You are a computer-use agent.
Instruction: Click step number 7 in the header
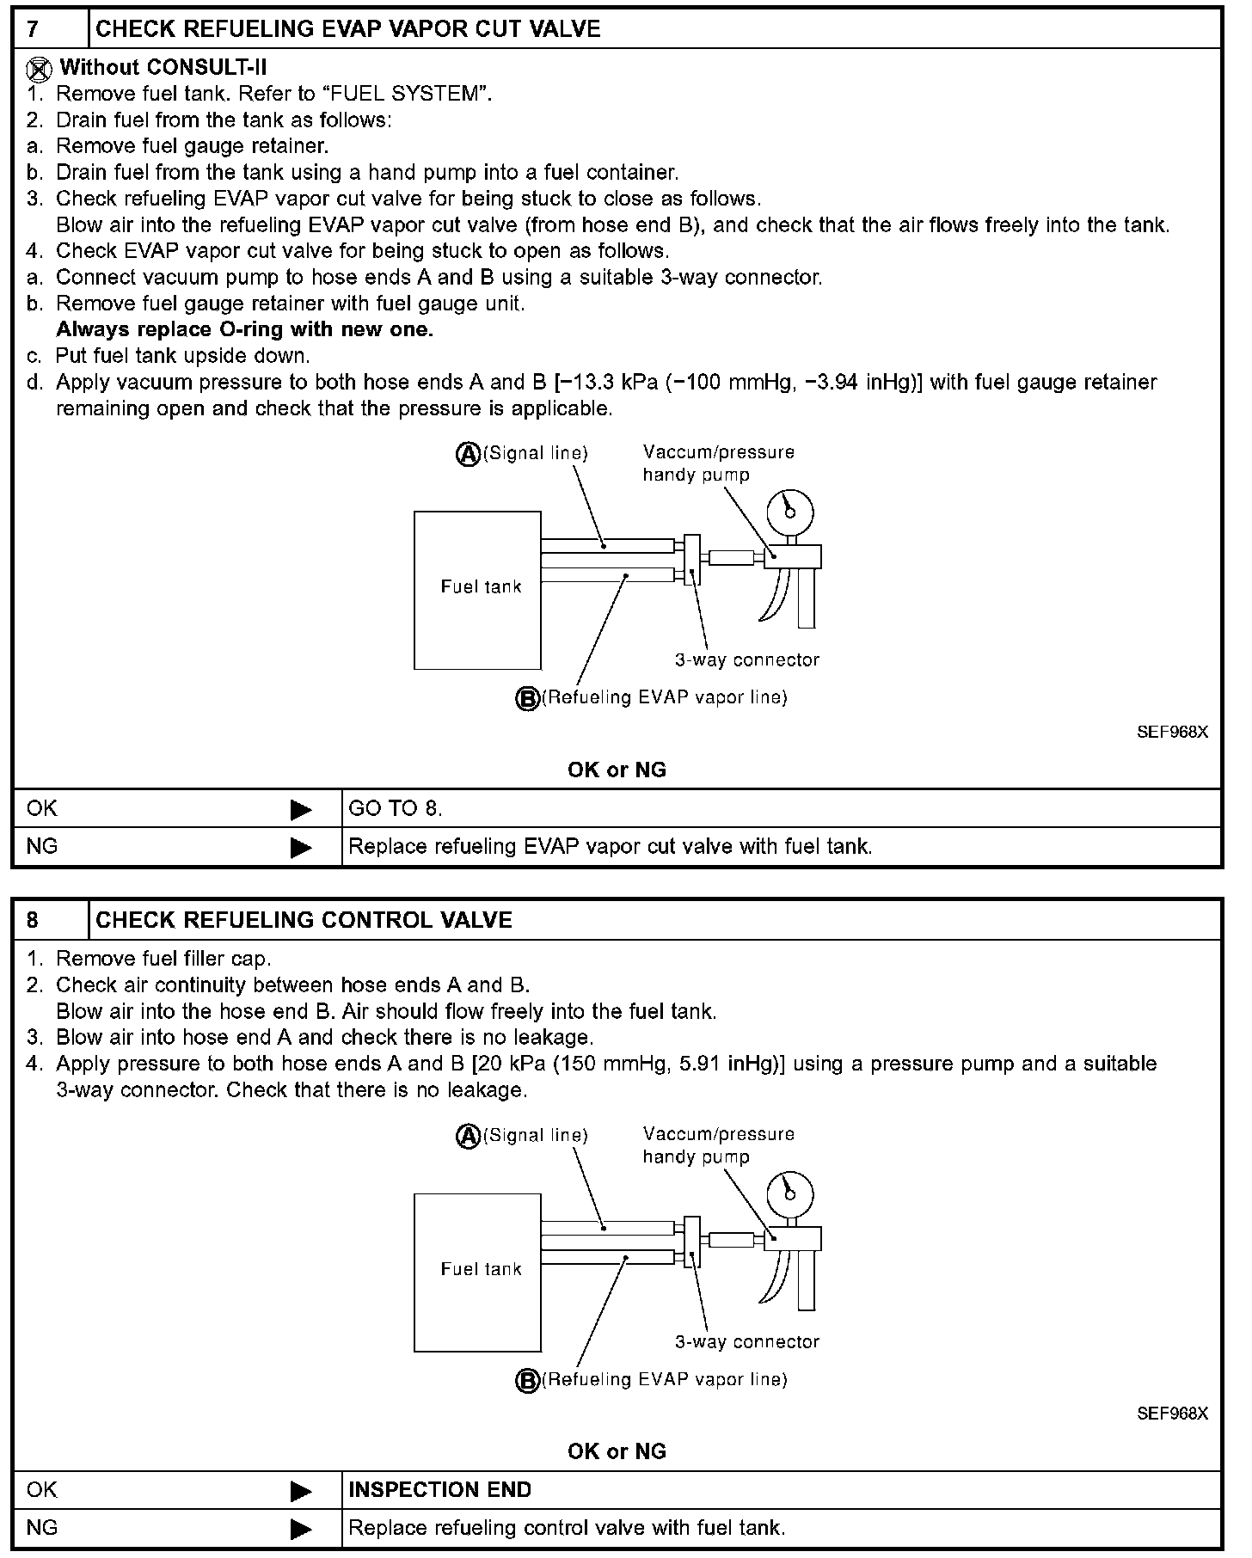pyautogui.click(x=33, y=29)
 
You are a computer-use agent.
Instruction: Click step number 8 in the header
pyautogui.click(x=33, y=920)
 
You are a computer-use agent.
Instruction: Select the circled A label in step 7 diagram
pyautogui.click(x=467, y=454)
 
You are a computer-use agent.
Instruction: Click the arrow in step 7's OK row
pyautogui.click(x=301, y=809)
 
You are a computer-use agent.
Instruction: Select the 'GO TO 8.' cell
pyautogui.click(x=396, y=809)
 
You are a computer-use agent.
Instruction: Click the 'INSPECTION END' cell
pyautogui.click(x=440, y=1490)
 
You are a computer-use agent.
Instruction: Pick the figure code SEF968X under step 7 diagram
pyautogui.click(x=1172, y=732)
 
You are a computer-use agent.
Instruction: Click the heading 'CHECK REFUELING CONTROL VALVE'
pyautogui.click(x=304, y=920)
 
